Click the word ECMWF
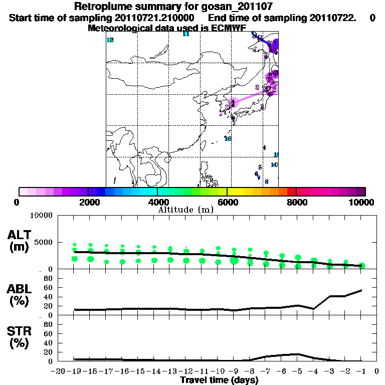(228, 28)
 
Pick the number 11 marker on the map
(185, 34)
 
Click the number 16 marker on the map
(228, 138)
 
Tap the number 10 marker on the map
(274, 165)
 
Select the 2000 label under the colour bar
(88, 202)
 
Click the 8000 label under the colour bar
(296, 202)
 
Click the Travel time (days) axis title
(219, 380)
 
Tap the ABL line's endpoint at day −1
(361, 290)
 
